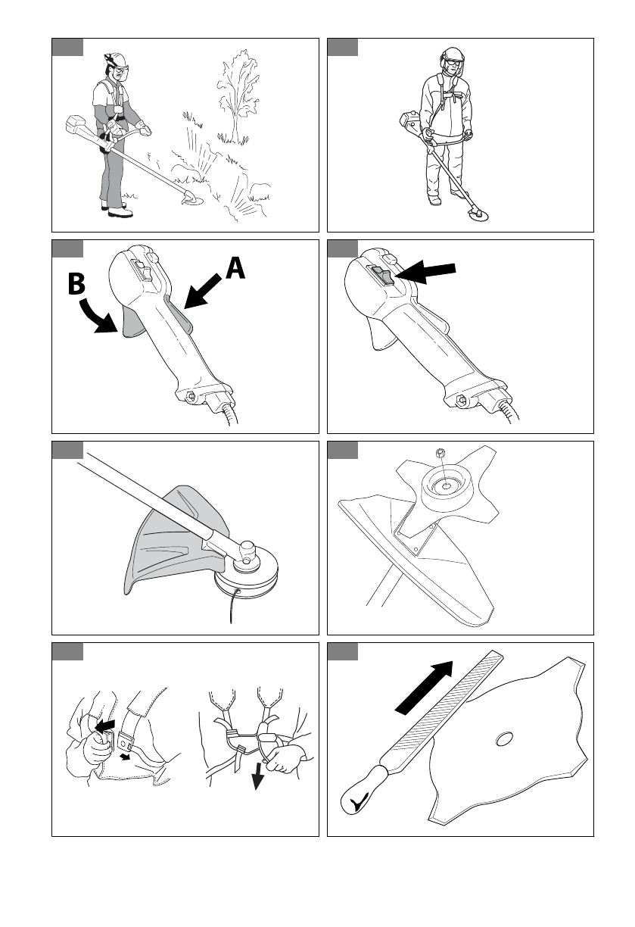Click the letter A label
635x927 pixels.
pyautogui.click(x=235, y=268)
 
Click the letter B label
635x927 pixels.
pyautogui.click(x=76, y=284)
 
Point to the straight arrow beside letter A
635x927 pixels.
pyautogui.click(x=202, y=292)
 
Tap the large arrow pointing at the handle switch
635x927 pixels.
pyautogui.click(x=425, y=271)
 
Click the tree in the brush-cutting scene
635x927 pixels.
pyautogui.click(x=238, y=97)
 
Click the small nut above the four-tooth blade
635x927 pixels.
pyautogui.click(x=441, y=453)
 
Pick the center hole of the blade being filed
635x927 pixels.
pyautogui.click(x=504, y=738)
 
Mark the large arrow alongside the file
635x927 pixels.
pyautogui.click(x=424, y=688)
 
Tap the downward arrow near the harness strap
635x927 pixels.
pyautogui.click(x=258, y=777)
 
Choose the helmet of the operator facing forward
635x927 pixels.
pyautogui.click(x=453, y=54)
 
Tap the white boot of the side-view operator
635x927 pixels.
pyautogui.click(x=120, y=213)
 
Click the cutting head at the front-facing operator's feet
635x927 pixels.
pyautogui.click(x=478, y=215)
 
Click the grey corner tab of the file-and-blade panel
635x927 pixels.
pyautogui.click(x=343, y=651)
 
